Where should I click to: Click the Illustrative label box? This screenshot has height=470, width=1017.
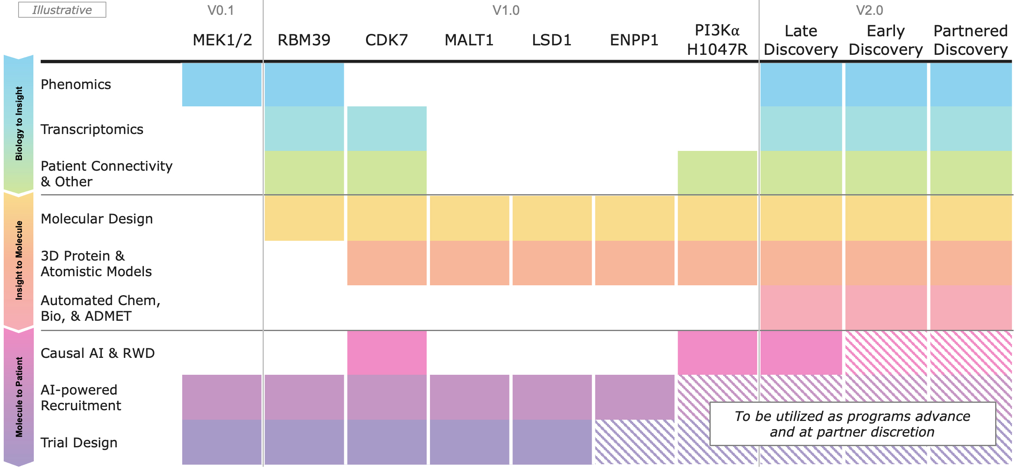(62, 10)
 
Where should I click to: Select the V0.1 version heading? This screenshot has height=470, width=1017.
(221, 10)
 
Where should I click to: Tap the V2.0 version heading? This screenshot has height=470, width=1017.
(869, 10)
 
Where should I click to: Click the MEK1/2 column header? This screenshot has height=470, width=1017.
(222, 40)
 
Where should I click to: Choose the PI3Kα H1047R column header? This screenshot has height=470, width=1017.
(717, 40)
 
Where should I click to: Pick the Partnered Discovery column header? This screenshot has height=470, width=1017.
(970, 40)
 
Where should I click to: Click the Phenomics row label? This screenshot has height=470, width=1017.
(76, 85)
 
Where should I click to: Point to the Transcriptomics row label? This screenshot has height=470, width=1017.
(92, 129)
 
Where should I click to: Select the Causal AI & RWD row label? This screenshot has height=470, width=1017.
(98, 353)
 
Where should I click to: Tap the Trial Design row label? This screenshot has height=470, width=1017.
(79, 443)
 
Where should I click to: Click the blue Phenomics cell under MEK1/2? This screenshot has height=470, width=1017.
(222, 85)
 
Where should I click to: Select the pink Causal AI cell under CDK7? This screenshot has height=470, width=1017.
(387, 353)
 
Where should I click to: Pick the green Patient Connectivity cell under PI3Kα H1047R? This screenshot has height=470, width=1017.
(717, 173)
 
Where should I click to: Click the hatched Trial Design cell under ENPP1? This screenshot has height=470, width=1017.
(634, 442)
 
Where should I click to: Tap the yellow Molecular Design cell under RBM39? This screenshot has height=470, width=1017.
(304, 218)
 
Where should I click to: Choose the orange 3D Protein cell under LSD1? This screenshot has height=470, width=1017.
(552, 263)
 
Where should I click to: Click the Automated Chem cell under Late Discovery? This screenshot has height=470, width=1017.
(801, 308)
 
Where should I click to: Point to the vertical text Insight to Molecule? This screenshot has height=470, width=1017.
(19, 260)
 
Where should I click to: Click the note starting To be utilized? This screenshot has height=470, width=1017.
(852, 424)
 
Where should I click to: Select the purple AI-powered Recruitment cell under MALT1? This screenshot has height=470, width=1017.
(469, 397)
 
